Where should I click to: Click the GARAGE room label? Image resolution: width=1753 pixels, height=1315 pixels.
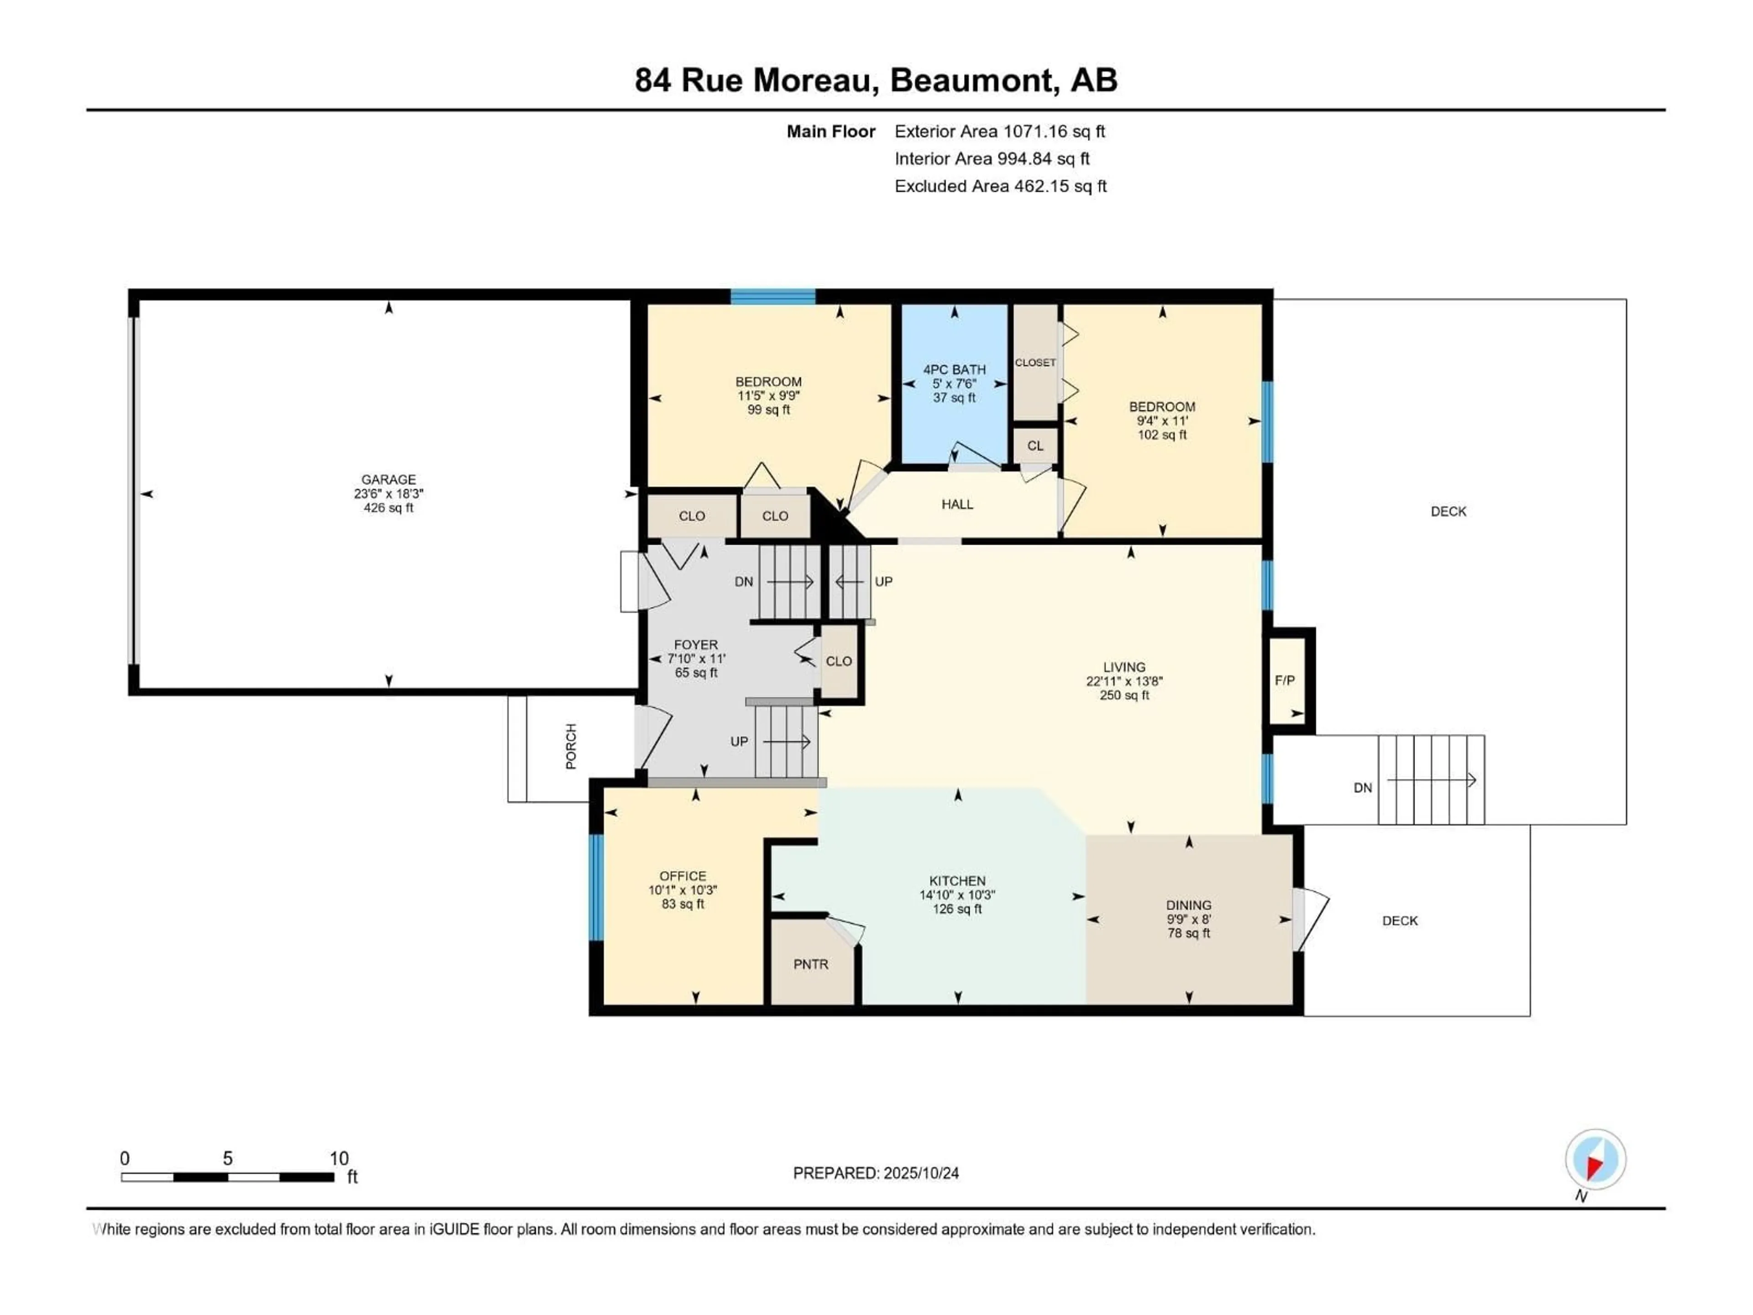(x=388, y=479)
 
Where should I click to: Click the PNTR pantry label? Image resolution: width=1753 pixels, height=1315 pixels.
(x=811, y=965)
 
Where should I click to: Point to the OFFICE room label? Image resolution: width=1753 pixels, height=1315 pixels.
(x=682, y=876)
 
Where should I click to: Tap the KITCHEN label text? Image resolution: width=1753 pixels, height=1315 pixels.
(x=957, y=881)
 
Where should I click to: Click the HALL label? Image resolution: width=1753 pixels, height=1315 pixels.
(x=957, y=504)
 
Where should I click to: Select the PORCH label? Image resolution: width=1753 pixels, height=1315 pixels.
(x=571, y=746)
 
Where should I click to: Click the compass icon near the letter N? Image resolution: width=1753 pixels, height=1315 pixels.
(x=1596, y=1160)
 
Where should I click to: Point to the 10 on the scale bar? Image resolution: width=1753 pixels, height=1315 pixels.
(x=339, y=1158)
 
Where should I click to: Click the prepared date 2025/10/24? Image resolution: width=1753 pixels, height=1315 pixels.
(x=920, y=1173)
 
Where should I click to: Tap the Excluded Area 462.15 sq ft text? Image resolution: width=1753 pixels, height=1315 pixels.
(x=1000, y=186)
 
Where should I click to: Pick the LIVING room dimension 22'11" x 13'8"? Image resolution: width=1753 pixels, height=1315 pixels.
(x=1124, y=681)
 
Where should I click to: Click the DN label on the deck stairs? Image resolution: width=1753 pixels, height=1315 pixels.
(x=1362, y=788)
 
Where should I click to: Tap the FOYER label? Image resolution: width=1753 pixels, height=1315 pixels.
(x=696, y=645)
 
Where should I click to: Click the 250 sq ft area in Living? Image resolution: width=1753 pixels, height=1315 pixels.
(x=1124, y=695)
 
